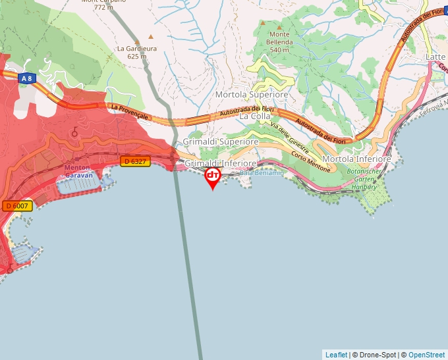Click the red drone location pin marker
[213, 176]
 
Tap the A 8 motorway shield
[26, 78]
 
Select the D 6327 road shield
[134, 161]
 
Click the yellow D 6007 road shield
[17, 206]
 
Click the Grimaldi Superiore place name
[221, 141]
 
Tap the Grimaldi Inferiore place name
[221, 163]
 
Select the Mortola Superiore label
[252, 95]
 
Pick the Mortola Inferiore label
[356, 159]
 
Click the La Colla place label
[254, 116]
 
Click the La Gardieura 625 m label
[136, 52]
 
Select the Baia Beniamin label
[262, 172]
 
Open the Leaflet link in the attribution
[336, 355]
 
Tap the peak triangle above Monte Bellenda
[262, 22]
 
